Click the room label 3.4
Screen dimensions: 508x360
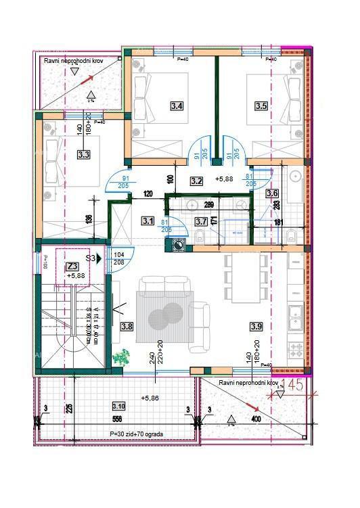pyautogui.click(x=177, y=106)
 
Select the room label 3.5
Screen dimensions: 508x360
pyautogui.click(x=261, y=106)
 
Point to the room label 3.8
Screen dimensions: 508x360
pyautogui.click(x=127, y=327)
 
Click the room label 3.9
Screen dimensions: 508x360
pyautogui.click(x=256, y=327)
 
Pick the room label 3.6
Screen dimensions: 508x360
pyautogui.click(x=272, y=193)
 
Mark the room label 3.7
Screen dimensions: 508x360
pyautogui.click(x=201, y=221)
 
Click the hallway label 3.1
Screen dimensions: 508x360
pyautogui.click(x=148, y=220)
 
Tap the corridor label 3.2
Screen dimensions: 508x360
pyautogui.click(x=197, y=181)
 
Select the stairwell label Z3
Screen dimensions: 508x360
pyautogui.click(x=73, y=266)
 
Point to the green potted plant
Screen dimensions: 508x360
pyautogui.click(x=122, y=357)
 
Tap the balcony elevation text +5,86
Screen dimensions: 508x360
pyautogui.click(x=150, y=398)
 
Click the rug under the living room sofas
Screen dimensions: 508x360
pyautogui.click(x=165, y=316)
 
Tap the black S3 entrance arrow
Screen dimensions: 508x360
pyautogui.click(x=99, y=258)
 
